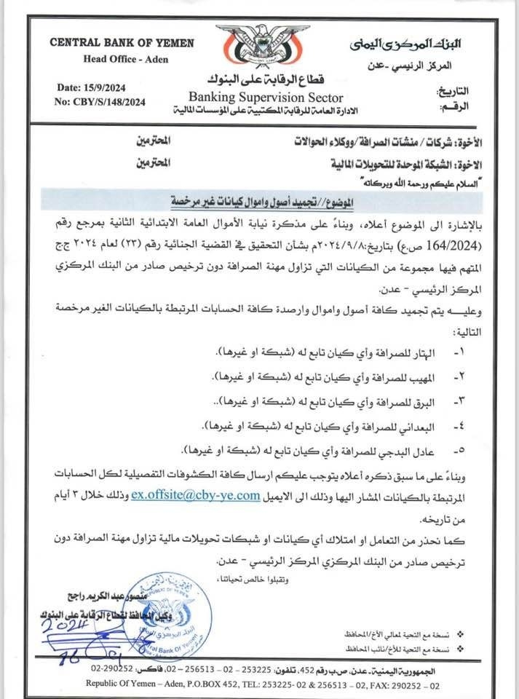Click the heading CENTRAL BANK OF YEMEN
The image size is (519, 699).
pyautogui.click(x=122, y=43)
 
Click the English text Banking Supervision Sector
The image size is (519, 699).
pyautogui.click(x=265, y=97)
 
